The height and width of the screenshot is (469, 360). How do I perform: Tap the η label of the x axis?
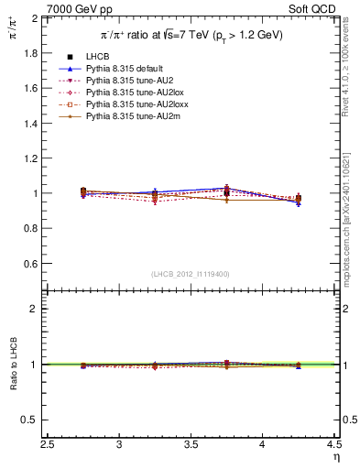335,458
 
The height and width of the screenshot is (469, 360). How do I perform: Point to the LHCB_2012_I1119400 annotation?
191,274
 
